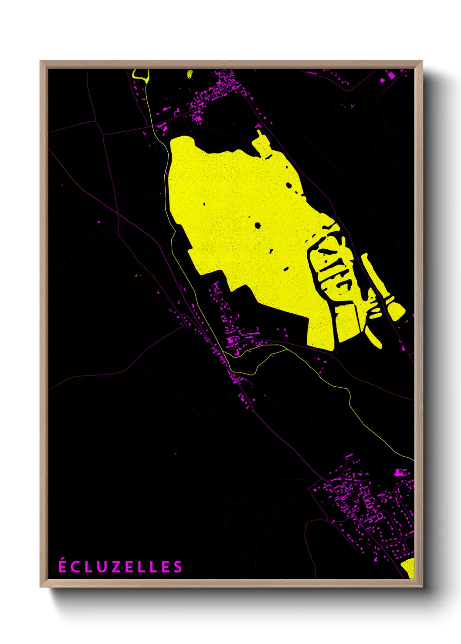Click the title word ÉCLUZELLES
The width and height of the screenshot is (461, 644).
pyautogui.click(x=121, y=567)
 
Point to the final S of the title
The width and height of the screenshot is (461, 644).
pyautogui.click(x=178, y=567)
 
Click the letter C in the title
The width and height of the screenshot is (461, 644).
pyautogui.click(x=75, y=567)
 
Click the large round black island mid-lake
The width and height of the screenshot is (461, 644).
pyautogui.click(x=258, y=225)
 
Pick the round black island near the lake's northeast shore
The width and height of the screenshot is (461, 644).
pyautogui.click(x=289, y=185)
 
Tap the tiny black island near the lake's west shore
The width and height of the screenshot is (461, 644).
pyautogui.click(x=204, y=203)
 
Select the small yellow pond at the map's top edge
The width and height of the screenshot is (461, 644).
pyautogui.click(x=190, y=74)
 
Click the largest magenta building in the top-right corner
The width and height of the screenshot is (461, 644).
pyautogui.click(x=391, y=76)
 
